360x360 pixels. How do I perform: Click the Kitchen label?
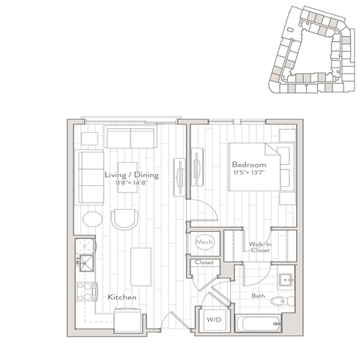pos(121,298)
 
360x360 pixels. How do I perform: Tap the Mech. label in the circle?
pos(203,243)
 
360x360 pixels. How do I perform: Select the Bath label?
pos(258,296)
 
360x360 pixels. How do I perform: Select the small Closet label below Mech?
pos(203,262)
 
